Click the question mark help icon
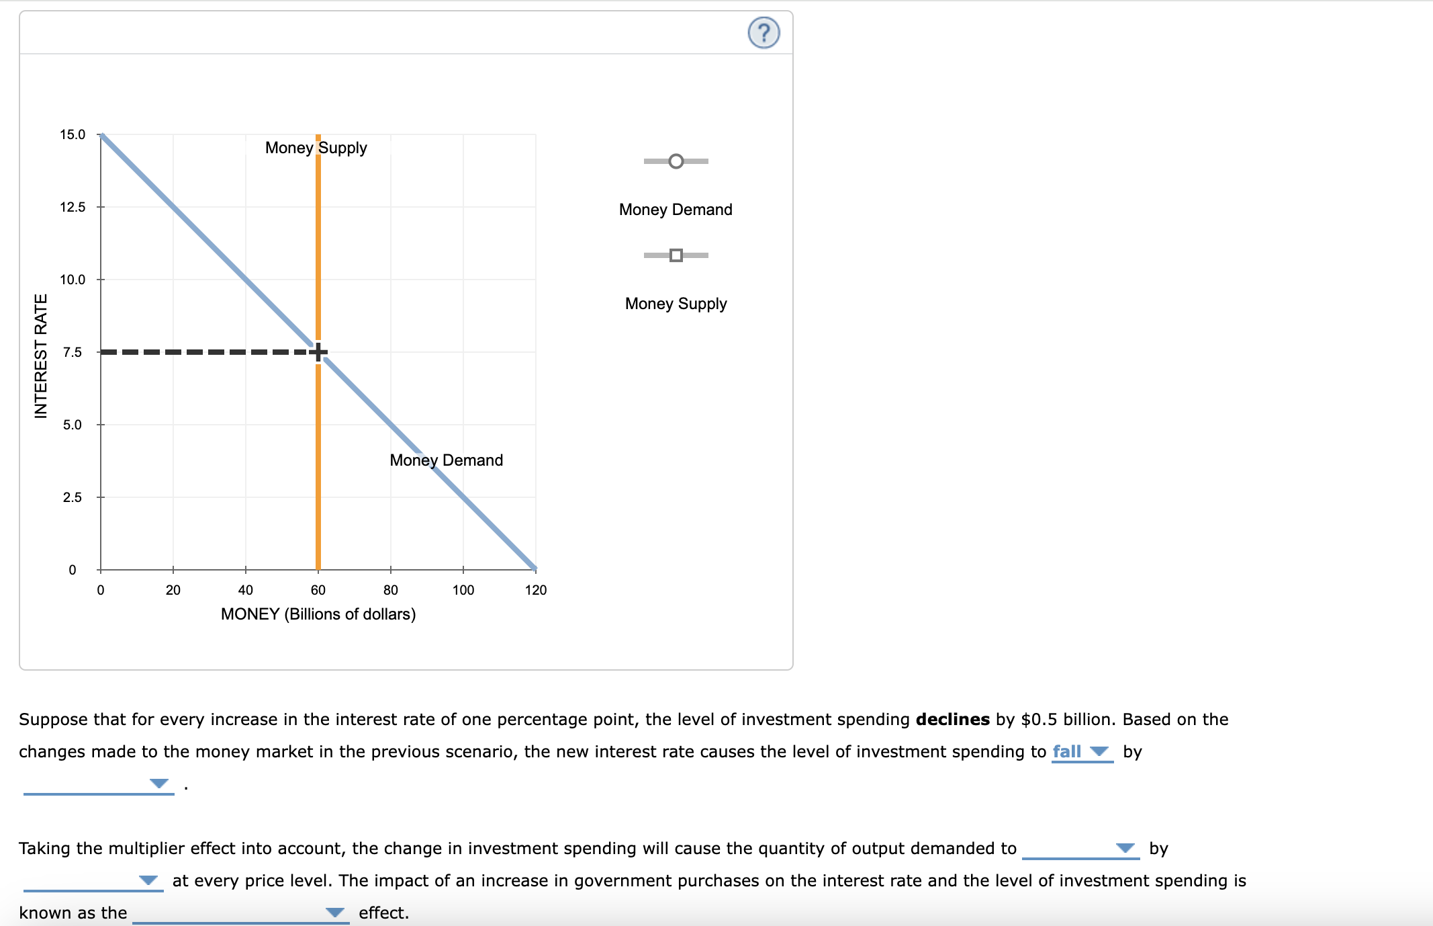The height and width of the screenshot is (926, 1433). point(764,33)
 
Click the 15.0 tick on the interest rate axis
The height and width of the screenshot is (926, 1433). point(73,134)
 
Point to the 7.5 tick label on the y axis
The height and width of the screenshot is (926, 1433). point(73,352)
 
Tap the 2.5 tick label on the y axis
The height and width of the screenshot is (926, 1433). point(73,497)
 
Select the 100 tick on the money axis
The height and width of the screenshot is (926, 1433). point(463,590)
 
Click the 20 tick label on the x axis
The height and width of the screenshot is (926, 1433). point(173,590)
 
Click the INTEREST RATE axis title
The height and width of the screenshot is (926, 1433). point(41,355)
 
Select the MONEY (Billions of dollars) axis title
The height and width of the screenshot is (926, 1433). point(318,614)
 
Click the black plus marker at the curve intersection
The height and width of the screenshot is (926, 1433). point(318,351)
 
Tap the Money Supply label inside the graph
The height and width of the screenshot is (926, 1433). point(316,148)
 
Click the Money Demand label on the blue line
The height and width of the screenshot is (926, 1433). point(446,460)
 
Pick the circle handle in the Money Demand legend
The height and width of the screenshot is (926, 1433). point(676,161)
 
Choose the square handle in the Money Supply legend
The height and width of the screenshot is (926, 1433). point(676,255)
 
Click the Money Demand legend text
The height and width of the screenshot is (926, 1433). point(676,210)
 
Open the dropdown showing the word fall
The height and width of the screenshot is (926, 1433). point(1081,751)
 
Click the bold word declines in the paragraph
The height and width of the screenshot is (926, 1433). point(952,719)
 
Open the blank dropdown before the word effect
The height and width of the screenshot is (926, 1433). point(240,913)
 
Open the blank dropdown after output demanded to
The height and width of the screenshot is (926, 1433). point(1080,848)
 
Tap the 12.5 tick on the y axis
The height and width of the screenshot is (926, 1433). point(73,207)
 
